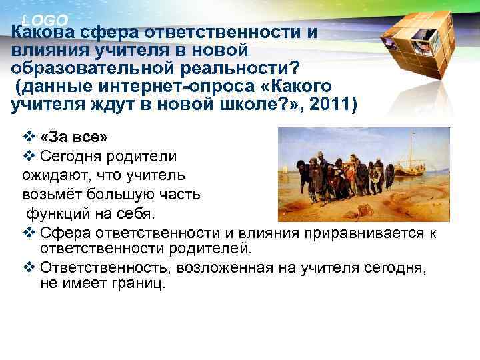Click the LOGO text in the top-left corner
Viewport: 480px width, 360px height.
point(44,20)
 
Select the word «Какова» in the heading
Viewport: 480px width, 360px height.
point(43,33)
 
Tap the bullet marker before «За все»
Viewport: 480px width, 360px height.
point(28,139)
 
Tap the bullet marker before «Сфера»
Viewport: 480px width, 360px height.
point(28,233)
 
